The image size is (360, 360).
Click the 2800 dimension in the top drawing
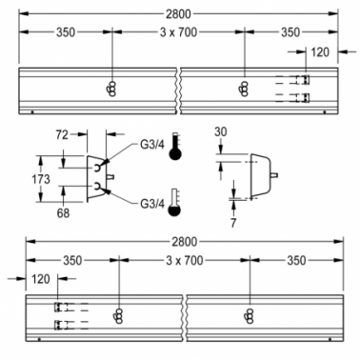tap(178, 13)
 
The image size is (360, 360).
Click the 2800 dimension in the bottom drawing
tap(185, 242)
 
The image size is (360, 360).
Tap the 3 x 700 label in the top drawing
tap(178, 32)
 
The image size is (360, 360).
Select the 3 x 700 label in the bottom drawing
tap(185, 260)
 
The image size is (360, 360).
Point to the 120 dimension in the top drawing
tap(320, 51)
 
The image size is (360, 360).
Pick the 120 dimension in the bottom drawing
tap(41, 279)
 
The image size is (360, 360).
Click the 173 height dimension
tap(41, 179)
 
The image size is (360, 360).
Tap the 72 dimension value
tap(62, 134)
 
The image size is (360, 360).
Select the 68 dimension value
tap(63, 213)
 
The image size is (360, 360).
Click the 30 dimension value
tap(221, 131)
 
